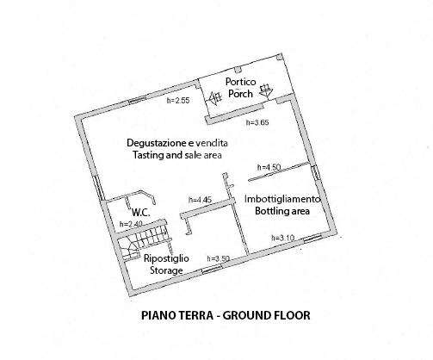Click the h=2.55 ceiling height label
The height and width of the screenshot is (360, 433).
pyautogui.click(x=178, y=101)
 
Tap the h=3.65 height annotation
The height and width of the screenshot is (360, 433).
pyautogui.click(x=257, y=122)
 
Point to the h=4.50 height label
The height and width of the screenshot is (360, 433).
pyautogui.click(x=269, y=167)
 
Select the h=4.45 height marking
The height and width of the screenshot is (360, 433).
pyautogui.click(x=200, y=200)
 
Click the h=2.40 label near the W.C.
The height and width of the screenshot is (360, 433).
pyautogui.click(x=131, y=224)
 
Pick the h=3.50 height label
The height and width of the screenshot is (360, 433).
pyautogui.click(x=219, y=258)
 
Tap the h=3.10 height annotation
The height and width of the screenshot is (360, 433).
pyautogui.click(x=283, y=238)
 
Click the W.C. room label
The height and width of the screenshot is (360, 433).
pyautogui.click(x=140, y=213)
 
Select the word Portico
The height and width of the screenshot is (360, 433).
pyautogui.click(x=240, y=82)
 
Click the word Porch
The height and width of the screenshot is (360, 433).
pyautogui.click(x=240, y=94)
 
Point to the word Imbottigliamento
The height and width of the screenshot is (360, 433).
pyautogui.click(x=282, y=199)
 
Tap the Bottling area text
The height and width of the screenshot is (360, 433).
pyautogui.click(x=282, y=211)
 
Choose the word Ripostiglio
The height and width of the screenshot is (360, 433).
pyautogui.click(x=166, y=258)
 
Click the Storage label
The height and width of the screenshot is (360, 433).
pyautogui.click(x=166, y=270)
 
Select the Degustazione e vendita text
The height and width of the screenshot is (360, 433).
pyautogui.click(x=177, y=143)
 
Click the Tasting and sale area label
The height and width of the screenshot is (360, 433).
pyautogui.click(x=177, y=155)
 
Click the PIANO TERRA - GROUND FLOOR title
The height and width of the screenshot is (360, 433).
pyautogui.click(x=226, y=315)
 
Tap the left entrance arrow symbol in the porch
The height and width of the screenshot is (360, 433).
pyautogui.click(x=214, y=98)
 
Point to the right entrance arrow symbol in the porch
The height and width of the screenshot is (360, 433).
pyautogui.click(x=266, y=90)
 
